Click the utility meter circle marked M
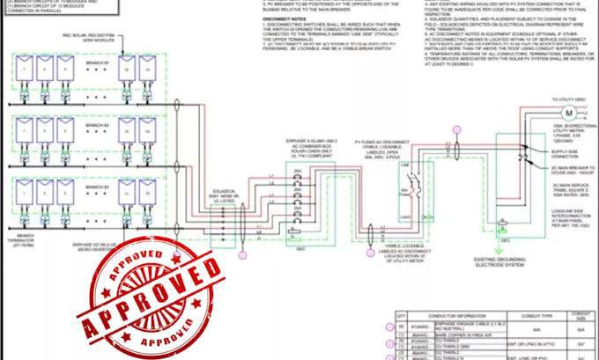tap(567, 114)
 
